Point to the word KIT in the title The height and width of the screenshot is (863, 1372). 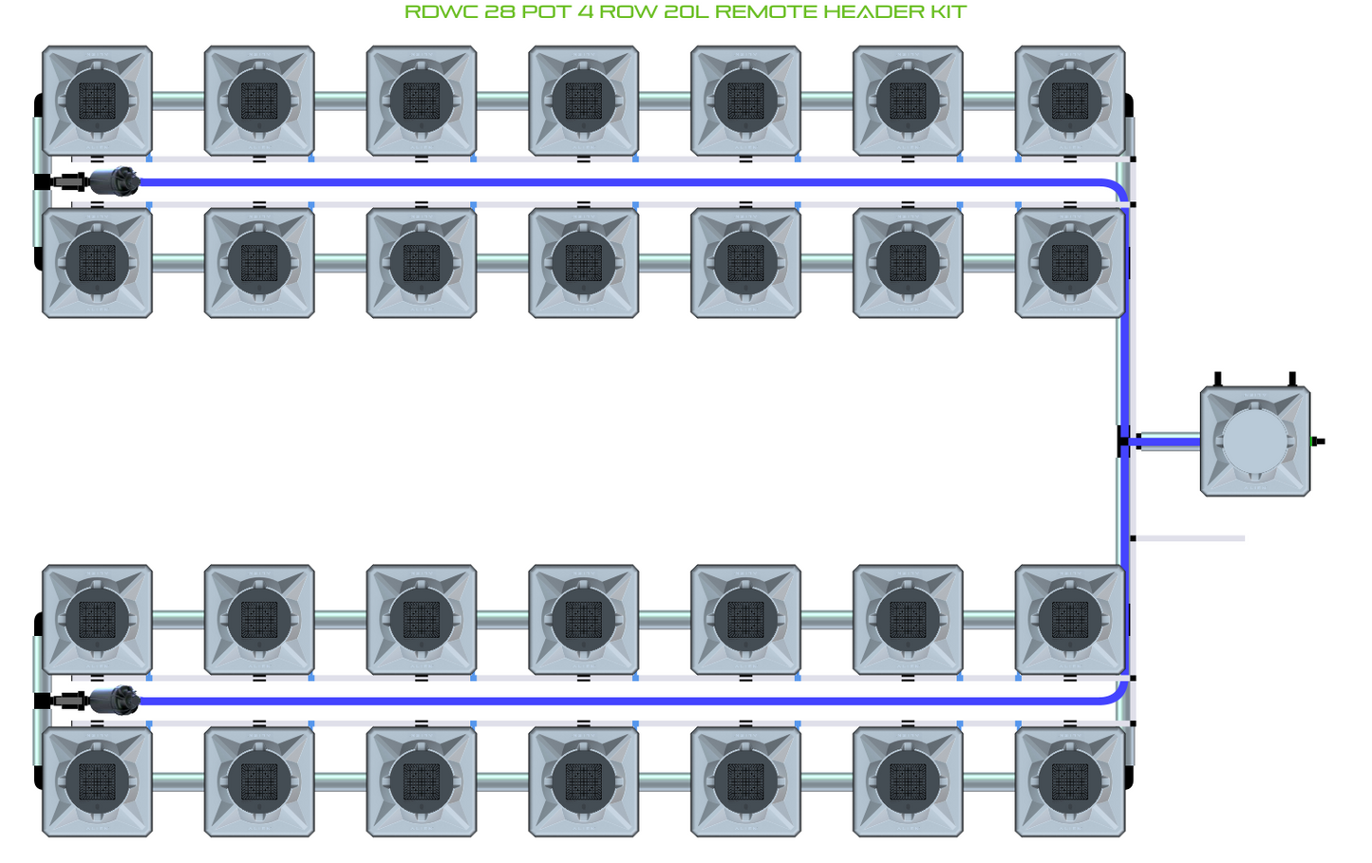click(948, 12)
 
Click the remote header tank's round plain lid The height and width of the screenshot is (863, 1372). click(1255, 441)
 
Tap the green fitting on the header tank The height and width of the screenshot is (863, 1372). click(1316, 441)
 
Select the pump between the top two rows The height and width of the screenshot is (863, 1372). click(114, 180)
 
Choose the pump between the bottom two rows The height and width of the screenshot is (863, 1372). click(114, 701)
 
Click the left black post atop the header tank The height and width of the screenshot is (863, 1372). click(1218, 379)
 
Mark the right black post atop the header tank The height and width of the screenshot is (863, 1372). click(1292, 379)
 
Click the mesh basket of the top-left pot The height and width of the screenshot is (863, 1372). click(97, 101)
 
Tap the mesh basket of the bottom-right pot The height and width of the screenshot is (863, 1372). click(1070, 781)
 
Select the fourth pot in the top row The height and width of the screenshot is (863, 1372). click(583, 101)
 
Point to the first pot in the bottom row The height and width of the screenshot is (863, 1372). click(97, 781)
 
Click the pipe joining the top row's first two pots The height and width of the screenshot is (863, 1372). click(179, 101)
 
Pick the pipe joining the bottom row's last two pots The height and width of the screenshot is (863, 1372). click(989, 781)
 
